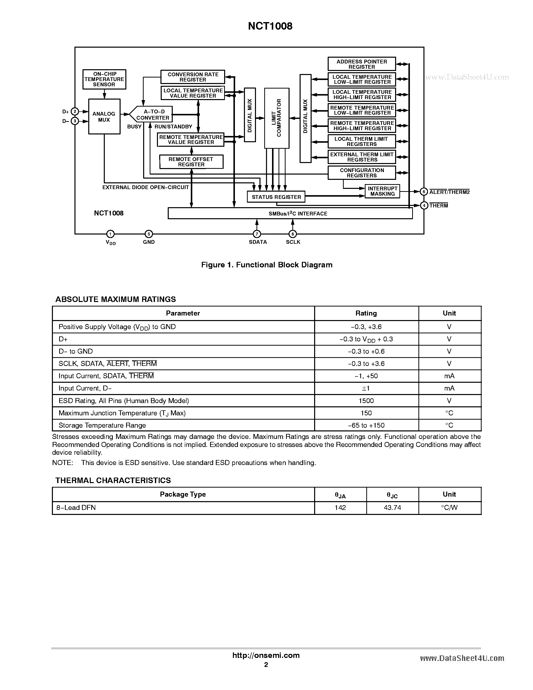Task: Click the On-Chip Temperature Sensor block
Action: point(104,79)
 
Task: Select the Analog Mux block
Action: point(104,117)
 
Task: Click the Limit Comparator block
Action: point(277,118)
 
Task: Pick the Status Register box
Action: point(276,197)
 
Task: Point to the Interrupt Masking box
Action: point(382,191)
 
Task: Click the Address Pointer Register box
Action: point(362,64)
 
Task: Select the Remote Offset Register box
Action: point(191,162)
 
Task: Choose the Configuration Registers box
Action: point(362,173)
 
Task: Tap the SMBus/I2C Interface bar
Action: point(290,213)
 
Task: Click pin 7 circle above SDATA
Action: point(257,234)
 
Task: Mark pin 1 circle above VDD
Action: point(110,234)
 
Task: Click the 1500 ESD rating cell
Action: point(366,401)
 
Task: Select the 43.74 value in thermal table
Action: point(392,507)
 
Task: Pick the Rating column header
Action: point(366,313)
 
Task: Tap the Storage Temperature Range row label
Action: point(102,425)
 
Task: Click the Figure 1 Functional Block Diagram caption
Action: point(267,265)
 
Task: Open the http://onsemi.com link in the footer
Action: point(266,655)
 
